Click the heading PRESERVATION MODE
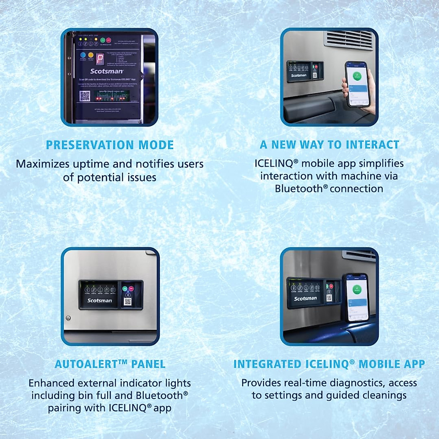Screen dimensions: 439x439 click(110, 145)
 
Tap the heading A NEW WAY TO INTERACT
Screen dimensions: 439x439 click(329, 145)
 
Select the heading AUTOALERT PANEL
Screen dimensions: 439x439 click(110, 364)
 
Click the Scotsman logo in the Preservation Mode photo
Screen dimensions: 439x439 click(106, 71)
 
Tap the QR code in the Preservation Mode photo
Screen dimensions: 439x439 click(85, 96)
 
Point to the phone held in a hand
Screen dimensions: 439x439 click(357, 84)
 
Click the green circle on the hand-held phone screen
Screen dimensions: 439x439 click(357, 76)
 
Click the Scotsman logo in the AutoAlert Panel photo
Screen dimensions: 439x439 click(100, 300)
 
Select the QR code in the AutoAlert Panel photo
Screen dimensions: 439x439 click(128, 301)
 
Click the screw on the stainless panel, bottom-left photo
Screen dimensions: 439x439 click(68, 318)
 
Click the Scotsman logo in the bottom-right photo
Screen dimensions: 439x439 click(305, 298)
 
